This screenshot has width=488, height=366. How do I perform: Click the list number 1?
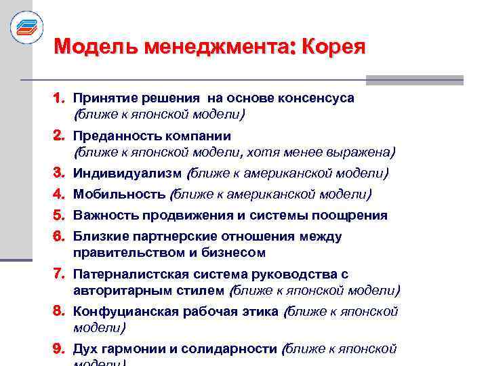(60, 98)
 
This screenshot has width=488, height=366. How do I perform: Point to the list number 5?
(60, 216)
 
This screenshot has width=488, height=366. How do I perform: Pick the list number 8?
(60, 312)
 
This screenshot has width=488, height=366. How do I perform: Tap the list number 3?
(60, 173)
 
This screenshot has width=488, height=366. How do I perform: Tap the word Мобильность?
(119, 195)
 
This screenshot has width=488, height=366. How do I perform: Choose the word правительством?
(127, 253)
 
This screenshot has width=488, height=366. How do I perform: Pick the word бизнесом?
(234, 253)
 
